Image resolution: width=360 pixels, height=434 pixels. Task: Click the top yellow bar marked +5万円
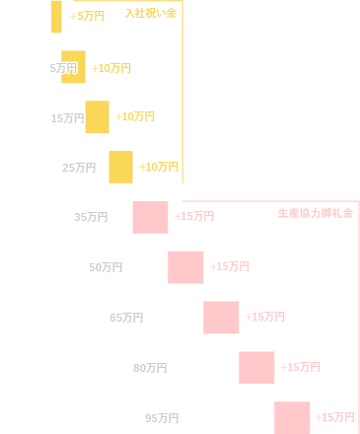pyautogui.click(x=56, y=16)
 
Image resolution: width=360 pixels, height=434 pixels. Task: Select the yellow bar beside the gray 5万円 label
pyautogui.click(x=73, y=67)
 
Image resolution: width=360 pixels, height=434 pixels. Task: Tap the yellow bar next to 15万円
pyautogui.click(x=97, y=116)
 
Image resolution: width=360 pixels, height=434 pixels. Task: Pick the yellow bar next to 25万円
pyautogui.click(x=120, y=167)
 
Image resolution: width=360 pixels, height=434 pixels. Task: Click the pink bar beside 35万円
pyautogui.click(x=150, y=217)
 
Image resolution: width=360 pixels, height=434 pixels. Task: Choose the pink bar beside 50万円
pyautogui.click(x=185, y=266)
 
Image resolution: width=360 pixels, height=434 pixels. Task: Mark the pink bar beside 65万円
pyautogui.click(x=221, y=317)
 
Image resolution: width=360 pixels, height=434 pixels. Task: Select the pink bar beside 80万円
pyautogui.click(x=256, y=367)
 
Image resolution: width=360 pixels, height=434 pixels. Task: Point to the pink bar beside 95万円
pyautogui.click(x=292, y=417)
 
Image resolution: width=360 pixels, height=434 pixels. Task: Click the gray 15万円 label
pyautogui.click(x=67, y=118)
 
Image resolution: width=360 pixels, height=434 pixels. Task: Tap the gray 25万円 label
pyautogui.click(x=79, y=168)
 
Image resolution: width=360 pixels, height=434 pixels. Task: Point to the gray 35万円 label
pyautogui.click(x=91, y=217)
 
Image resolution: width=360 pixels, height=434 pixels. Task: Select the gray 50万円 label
pyautogui.click(x=106, y=267)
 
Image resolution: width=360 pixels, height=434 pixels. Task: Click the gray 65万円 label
pyautogui.click(x=126, y=318)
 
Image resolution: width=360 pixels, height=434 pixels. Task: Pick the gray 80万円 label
pyautogui.click(x=150, y=368)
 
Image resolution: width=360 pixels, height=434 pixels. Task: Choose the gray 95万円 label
pyautogui.click(x=162, y=418)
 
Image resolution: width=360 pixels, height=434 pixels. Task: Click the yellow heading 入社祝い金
pyautogui.click(x=151, y=13)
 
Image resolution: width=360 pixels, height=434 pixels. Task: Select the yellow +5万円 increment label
pyautogui.click(x=88, y=17)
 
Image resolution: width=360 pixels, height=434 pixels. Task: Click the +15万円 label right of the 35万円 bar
pyautogui.click(x=194, y=217)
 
